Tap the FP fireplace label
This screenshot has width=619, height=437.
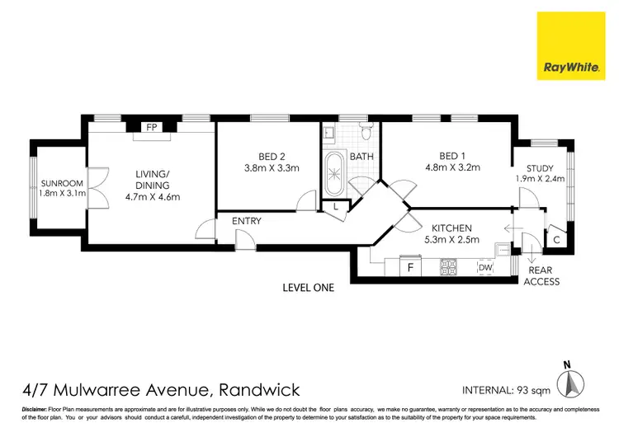pos(152,128)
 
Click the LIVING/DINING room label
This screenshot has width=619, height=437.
pos(152,179)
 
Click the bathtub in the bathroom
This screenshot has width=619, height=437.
pos(336,174)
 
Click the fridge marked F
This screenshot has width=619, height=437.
pos(409,267)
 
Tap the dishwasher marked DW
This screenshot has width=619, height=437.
pos(486,267)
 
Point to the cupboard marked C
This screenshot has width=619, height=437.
pos(557,240)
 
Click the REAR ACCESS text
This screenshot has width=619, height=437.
pos(541,275)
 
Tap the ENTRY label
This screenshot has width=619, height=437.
pos(247,221)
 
